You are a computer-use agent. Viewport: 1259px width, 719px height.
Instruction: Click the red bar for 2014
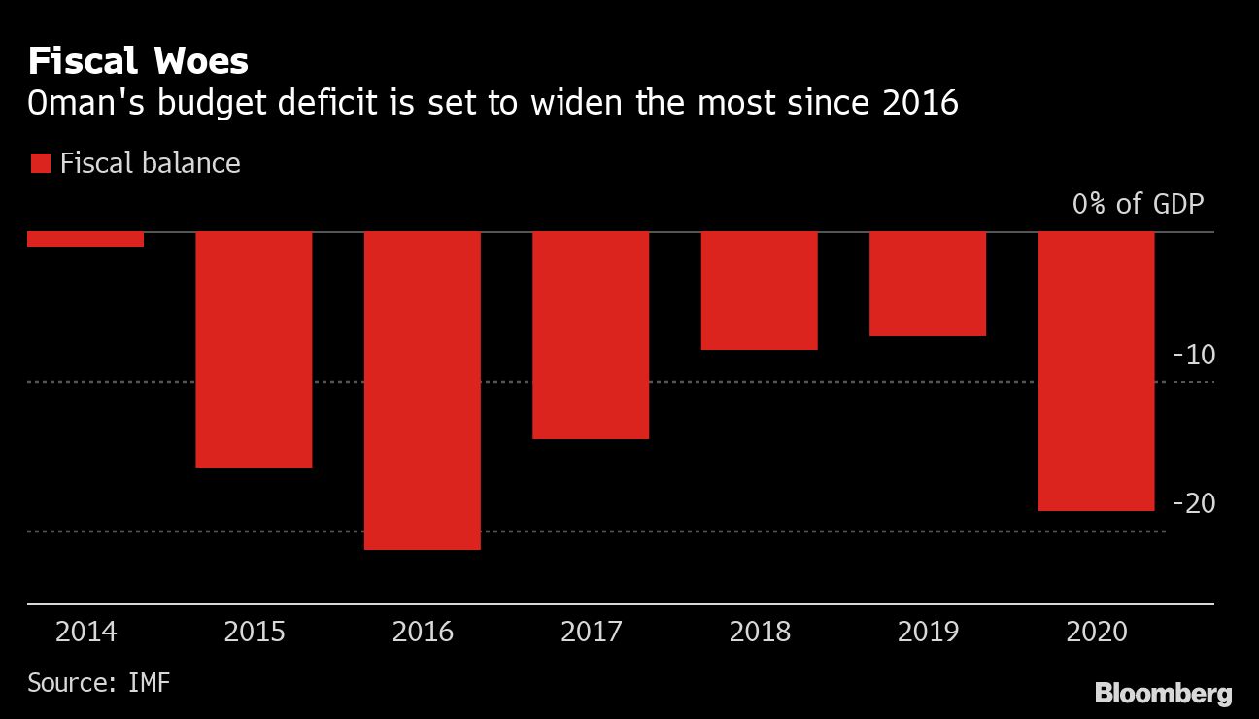point(85,239)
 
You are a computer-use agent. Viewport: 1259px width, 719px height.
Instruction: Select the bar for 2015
point(254,350)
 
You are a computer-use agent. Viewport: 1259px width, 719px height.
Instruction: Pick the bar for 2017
point(591,335)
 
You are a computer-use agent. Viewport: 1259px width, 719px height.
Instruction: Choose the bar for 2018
point(760,291)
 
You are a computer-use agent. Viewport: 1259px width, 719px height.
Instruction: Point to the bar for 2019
point(928,284)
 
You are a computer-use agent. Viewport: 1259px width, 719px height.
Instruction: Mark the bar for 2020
point(1097,371)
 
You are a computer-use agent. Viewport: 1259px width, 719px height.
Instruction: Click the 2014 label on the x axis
point(86,633)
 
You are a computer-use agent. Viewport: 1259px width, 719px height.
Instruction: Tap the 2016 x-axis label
point(423,633)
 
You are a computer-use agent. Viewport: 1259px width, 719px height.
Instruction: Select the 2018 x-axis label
point(760,633)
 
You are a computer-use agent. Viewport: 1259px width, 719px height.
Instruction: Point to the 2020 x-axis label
point(1097,633)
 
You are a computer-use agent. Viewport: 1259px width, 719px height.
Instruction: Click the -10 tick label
point(1194,355)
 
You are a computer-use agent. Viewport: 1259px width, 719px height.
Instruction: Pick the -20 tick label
point(1194,503)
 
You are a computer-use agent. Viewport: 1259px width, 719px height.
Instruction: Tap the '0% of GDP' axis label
point(1138,205)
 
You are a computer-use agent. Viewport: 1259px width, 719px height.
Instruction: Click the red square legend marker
point(40,163)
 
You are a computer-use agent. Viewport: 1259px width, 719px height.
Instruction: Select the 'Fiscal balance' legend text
point(150,162)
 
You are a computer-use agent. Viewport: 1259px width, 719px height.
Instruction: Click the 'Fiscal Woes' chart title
point(138,62)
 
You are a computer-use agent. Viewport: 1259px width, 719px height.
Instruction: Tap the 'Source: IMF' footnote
point(99,682)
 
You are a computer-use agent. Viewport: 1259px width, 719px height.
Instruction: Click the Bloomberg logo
point(1164,694)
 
